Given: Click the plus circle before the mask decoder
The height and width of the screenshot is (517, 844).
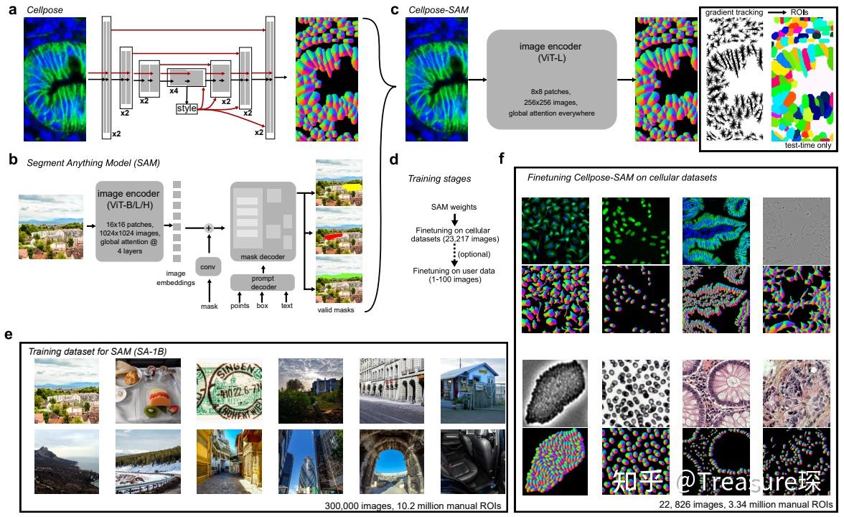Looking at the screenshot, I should pos(209,228).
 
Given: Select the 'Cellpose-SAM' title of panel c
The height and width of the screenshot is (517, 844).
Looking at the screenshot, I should pos(433,9).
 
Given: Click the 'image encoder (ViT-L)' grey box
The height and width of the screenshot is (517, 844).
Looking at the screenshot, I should pos(551,79).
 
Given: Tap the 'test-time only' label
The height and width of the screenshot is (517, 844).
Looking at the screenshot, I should pos(808,145).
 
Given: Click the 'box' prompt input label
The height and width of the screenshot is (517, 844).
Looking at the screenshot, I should pos(262,306).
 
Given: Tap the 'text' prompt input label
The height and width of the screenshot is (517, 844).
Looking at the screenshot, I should pos(287,306).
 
